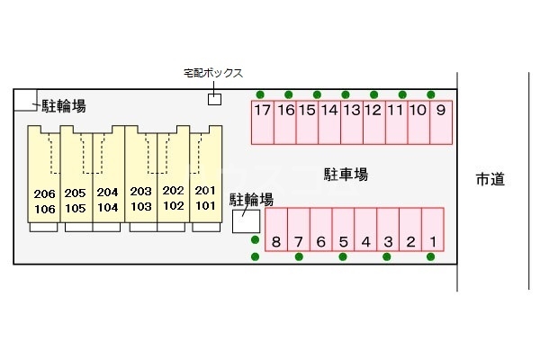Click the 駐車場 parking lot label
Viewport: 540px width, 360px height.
(346, 174)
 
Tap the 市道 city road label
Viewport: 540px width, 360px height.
(490, 179)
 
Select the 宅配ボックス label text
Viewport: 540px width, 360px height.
(212, 74)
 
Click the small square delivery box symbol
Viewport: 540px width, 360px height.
(214, 99)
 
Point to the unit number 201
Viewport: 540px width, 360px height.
(205, 191)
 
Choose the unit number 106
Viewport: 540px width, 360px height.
(44, 209)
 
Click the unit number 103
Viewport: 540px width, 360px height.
(140, 206)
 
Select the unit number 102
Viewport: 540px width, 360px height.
(173, 205)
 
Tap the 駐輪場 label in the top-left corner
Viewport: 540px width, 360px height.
(64, 106)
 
